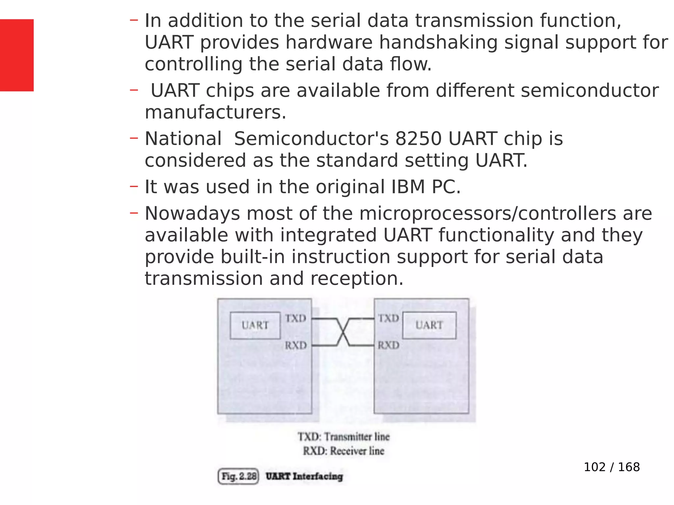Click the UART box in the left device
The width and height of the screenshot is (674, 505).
pos(255,325)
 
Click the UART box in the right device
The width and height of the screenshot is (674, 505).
pos(429,325)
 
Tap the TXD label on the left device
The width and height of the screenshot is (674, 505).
pos(296,318)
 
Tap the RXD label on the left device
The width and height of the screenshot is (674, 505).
pos(296,345)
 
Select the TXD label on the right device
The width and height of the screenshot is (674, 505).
pos(388,318)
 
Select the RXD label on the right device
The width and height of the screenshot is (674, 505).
pos(388,345)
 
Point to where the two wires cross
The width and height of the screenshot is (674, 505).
pos(343,332)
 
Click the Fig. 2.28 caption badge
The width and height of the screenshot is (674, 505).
pos(239,476)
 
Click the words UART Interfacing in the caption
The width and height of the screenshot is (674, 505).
pos(304,476)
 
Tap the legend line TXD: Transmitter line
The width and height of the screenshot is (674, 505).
pos(344,437)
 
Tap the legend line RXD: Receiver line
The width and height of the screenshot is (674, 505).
pos(344,451)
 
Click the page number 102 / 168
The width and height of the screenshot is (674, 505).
pos(611,467)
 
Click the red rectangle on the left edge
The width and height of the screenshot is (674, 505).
pos(16,55)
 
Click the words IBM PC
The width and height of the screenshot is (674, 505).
pos(426,187)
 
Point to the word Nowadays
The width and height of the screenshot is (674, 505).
pos(192,214)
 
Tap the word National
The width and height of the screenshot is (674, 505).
pos(183,139)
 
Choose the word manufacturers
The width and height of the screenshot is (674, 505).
pos(215,112)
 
